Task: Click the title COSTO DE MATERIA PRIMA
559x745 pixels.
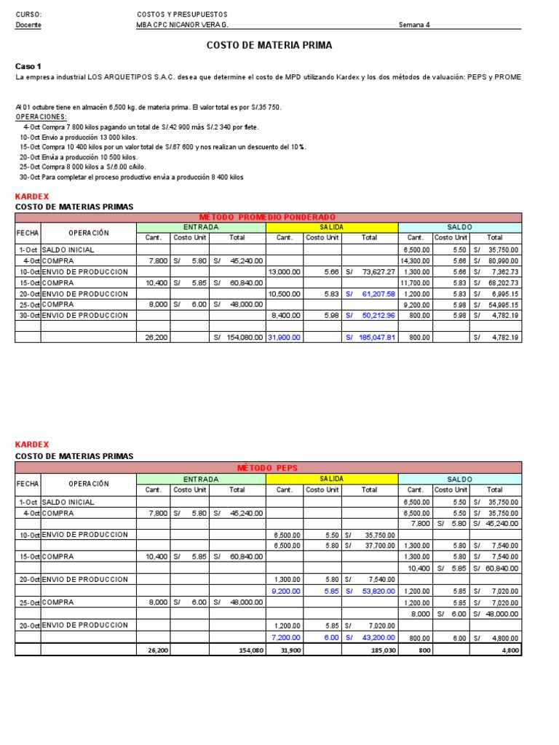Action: pyautogui.click(x=269, y=45)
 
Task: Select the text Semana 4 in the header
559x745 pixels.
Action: pyautogui.click(x=414, y=25)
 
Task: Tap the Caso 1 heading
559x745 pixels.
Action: pyautogui.click(x=28, y=66)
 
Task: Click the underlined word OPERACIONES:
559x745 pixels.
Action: pyautogui.click(x=41, y=116)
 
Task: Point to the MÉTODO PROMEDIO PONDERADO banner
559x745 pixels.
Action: pyautogui.click(x=267, y=217)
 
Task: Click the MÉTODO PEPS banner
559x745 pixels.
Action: pyautogui.click(x=267, y=467)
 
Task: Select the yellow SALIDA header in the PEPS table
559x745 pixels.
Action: pyautogui.click(x=332, y=479)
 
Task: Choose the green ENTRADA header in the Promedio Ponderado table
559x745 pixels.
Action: pyautogui.click(x=200, y=228)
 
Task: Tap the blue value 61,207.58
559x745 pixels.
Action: pyautogui.click(x=378, y=293)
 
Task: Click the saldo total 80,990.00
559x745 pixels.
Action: pyautogui.click(x=502, y=260)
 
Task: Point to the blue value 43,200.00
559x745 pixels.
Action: pyautogui.click(x=378, y=637)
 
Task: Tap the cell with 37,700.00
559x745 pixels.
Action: pyautogui.click(x=378, y=545)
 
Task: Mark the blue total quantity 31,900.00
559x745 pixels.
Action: pyautogui.click(x=284, y=338)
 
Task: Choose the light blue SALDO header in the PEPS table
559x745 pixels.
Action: pyautogui.click(x=460, y=479)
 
